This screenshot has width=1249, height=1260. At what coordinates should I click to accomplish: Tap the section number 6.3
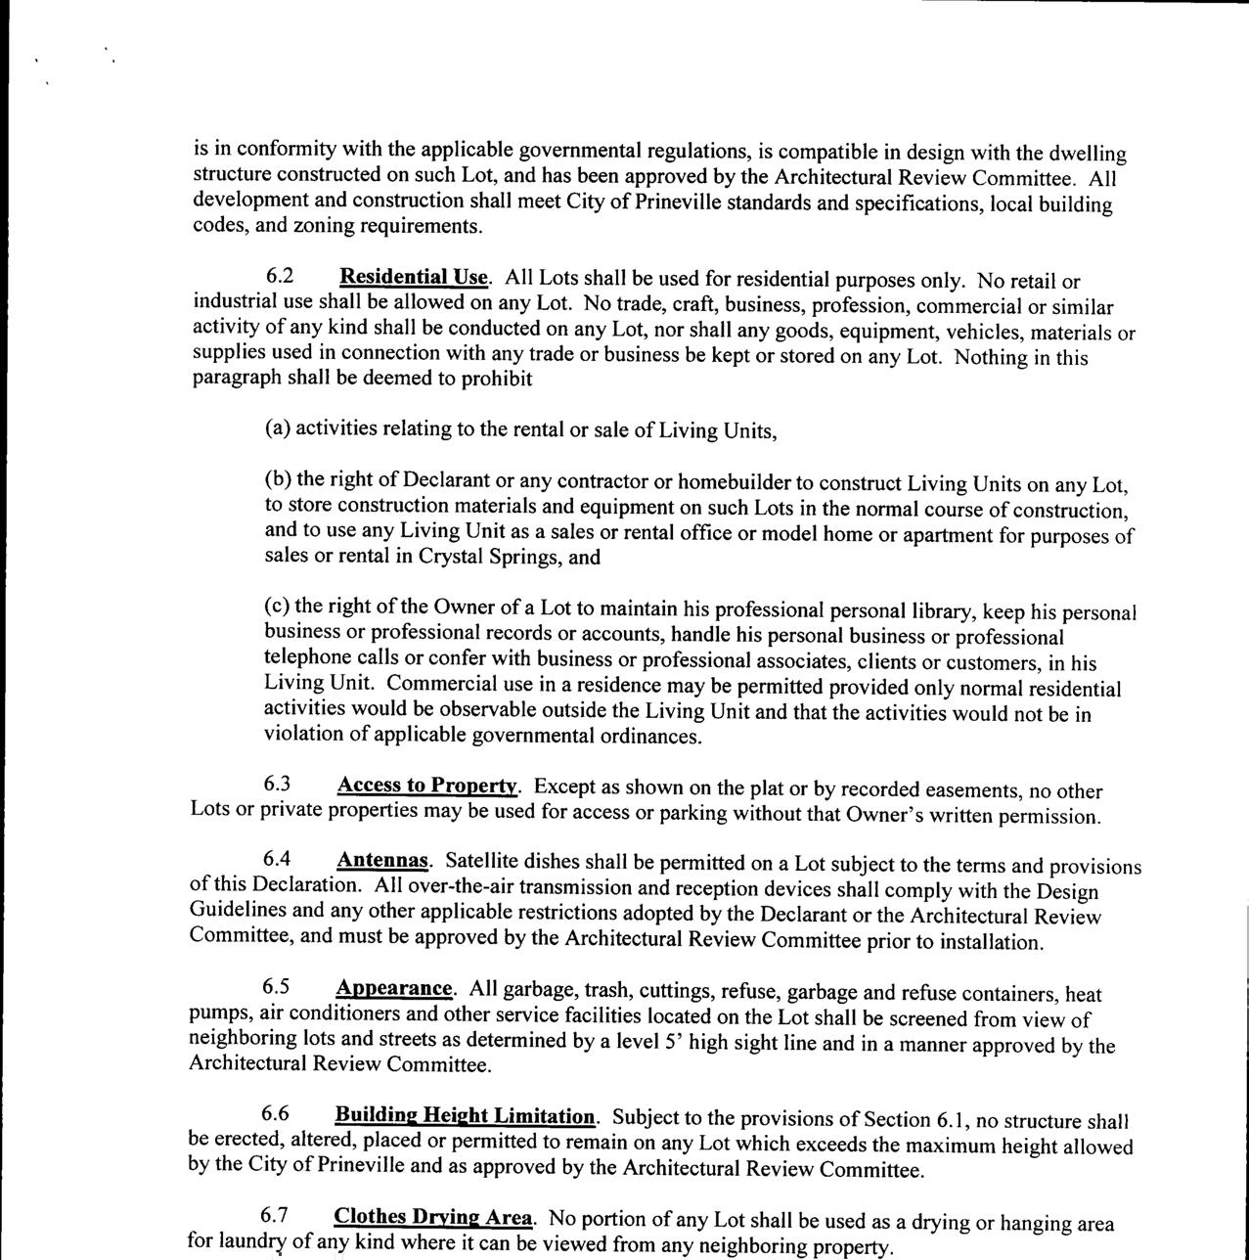(278, 785)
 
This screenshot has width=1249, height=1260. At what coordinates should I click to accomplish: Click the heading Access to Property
(427, 786)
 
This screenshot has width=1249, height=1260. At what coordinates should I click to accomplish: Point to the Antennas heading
(382, 861)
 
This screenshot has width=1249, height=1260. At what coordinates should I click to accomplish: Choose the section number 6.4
(278, 860)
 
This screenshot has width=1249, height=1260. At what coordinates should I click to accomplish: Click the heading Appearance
(394, 989)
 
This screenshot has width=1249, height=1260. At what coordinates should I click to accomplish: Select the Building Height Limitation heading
(465, 1116)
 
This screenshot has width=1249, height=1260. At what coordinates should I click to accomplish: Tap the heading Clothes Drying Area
(433, 1218)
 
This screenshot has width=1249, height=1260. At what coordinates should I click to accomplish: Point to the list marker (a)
(278, 428)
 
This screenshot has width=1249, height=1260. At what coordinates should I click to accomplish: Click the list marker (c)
(277, 607)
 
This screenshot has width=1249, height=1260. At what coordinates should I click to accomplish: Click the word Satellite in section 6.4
(481, 862)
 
